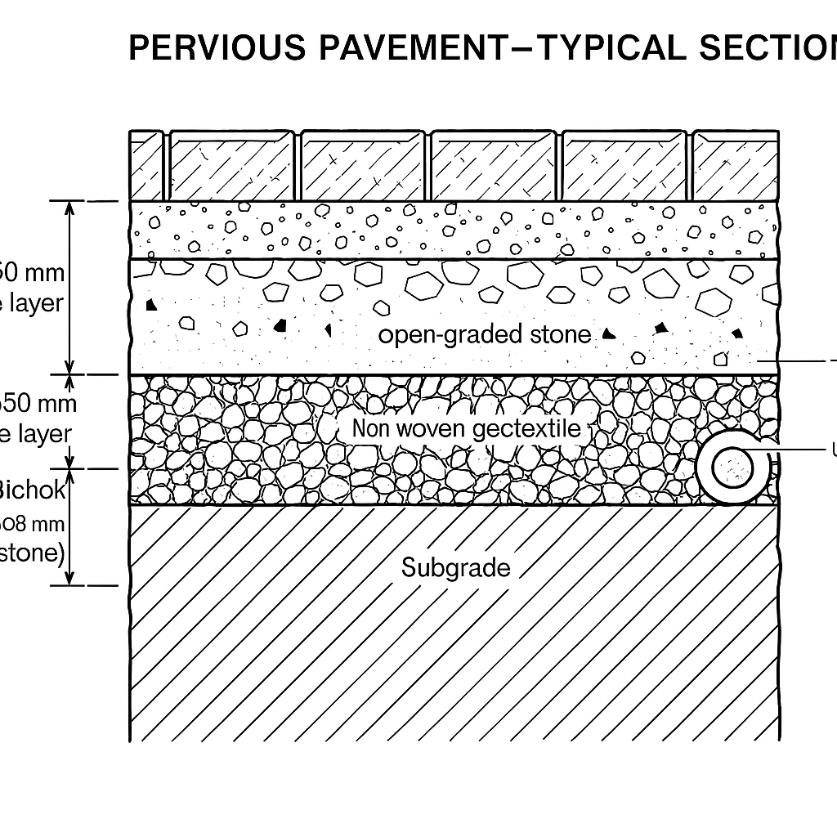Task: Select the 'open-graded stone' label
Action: (x=485, y=334)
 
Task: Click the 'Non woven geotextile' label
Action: (x=466, y=428)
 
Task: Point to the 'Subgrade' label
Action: (x=455, y=567)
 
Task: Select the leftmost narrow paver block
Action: (x=147, y=166)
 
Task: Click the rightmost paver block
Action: (x=734, y=166)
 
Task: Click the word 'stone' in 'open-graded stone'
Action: (x=558, y=334)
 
